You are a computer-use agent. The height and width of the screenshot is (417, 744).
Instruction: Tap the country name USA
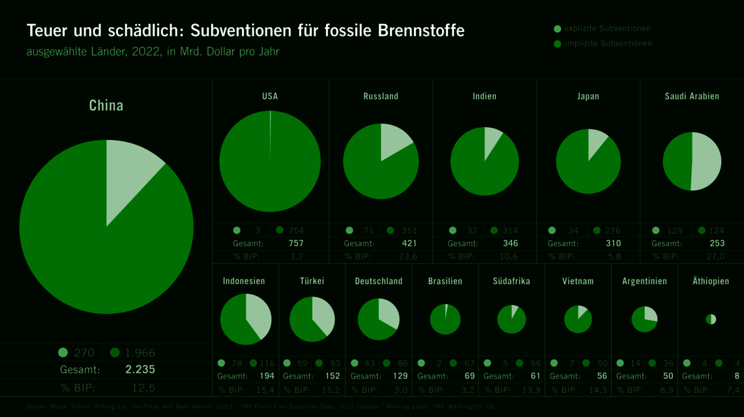pos(270,96)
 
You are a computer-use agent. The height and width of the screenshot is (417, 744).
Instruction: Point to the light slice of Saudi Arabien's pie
pos(707,162)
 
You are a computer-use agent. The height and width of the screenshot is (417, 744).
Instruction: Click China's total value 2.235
pos(140,369)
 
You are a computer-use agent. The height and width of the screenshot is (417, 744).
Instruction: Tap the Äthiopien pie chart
pos(711,319)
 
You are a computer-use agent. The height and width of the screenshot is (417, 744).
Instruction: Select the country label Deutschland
pos(379,281)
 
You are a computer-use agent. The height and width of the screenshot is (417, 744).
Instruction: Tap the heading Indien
pos(484,96)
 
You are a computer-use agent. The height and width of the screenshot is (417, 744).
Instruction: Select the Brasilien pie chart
pos(445,319)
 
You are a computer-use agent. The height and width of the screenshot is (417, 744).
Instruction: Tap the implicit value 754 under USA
pos(297,230)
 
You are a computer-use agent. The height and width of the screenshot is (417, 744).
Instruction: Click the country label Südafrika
pos(512,281)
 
